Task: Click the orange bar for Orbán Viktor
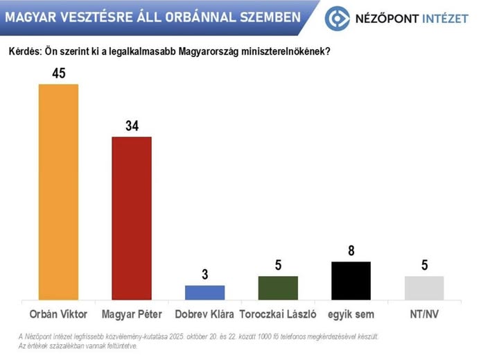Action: [x=59, y=191]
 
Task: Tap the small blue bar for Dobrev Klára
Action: [x=204, y=292]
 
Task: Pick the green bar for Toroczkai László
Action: [x=278, y=287]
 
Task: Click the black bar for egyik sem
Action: [x=351, y=280]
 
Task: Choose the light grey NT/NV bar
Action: [x=423, y=287]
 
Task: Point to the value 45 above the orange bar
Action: [x=59, y=73]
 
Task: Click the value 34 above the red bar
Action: [x=132, y=126]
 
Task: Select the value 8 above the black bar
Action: [x=351, y=251]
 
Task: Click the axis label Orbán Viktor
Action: [x=59, y=314]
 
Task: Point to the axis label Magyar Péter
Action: [x=132, y=314]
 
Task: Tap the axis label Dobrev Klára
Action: [x=204, y=314]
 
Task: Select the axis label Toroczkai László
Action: [x=278, y=314]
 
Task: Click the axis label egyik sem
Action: [x=351, y=314]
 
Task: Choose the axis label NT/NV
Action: [x=423, y=314]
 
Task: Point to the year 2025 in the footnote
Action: [x=180, y=336]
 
